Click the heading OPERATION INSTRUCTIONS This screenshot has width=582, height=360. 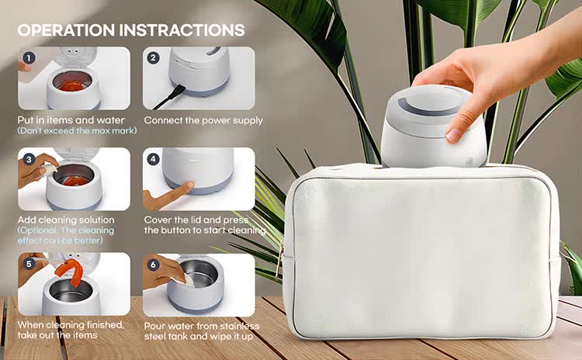coord(130,30)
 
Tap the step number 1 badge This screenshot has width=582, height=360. coord(29,57)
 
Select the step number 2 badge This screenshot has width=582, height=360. coord(153,57)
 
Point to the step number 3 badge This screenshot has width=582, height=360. coord(29,159)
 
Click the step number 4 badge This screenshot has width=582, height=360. coord(153,159)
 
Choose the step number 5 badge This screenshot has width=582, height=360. coord(29,262)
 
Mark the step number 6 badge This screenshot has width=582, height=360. coord(153,262)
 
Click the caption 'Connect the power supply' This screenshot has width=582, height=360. coord(203,120)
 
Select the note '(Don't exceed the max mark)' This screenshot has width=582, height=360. coord(77,131)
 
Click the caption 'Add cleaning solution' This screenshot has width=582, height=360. coord(66,220)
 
